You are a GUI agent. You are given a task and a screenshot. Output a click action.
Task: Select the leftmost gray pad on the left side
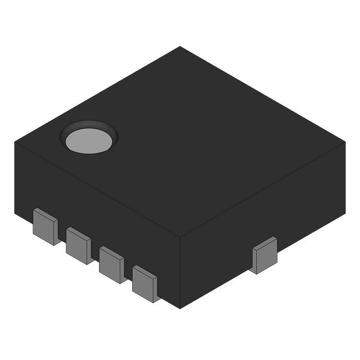tap(45, 226)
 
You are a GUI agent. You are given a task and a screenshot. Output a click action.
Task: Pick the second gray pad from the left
tap(78, 245)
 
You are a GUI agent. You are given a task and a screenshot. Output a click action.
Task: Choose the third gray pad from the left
tap(111, 264)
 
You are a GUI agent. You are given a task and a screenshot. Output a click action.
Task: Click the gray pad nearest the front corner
tap(145, 284)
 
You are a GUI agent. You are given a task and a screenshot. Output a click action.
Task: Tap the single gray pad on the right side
tap(264, 255)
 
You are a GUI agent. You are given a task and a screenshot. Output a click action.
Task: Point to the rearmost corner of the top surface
tap(180, 47)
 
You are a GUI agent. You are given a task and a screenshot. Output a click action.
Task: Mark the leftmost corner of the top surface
tap(15, 142)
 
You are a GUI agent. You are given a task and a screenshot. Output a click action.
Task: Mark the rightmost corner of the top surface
tap(344, 142)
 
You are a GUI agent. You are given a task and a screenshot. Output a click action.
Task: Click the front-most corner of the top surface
tap(180, 237)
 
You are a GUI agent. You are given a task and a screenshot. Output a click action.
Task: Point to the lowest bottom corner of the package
tap(180, 308)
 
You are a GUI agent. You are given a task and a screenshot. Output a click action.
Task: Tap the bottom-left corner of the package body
tap(15, 213)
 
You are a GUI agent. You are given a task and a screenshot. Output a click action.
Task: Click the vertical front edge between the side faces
tap(180, 273)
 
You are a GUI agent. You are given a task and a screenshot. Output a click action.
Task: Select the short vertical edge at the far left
tap(15, 177)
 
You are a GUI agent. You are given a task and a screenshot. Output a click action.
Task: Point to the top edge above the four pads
tap(96, 188)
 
